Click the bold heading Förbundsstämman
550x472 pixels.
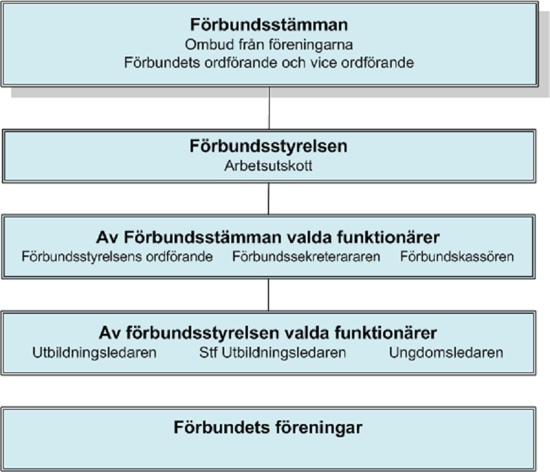tap(269, 25)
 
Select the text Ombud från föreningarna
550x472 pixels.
tap(269, 45)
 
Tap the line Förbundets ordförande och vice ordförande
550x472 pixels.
tap(269, 63)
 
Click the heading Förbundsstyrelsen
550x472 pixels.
tap(268, 146)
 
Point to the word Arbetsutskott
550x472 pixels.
tap(268, 166)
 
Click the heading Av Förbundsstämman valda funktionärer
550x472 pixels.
tap(268, 237)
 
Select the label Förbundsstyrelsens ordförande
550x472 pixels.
tap(117, 257)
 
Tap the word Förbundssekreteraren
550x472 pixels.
tap(306, 257)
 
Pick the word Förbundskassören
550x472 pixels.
tap(457, 257)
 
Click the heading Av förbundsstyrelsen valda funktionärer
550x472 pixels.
tap(268, 333)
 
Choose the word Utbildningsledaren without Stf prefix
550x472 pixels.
tap(94, 353)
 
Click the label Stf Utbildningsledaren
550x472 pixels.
tap(273, 353)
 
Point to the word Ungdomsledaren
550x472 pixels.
tap(446, 353)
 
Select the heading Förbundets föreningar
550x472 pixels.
tap(268, 428)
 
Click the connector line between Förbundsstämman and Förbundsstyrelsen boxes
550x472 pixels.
tap(269, 108)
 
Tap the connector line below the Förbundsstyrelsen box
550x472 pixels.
tap(268, 199)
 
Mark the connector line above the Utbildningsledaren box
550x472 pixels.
tap(268, 295)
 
